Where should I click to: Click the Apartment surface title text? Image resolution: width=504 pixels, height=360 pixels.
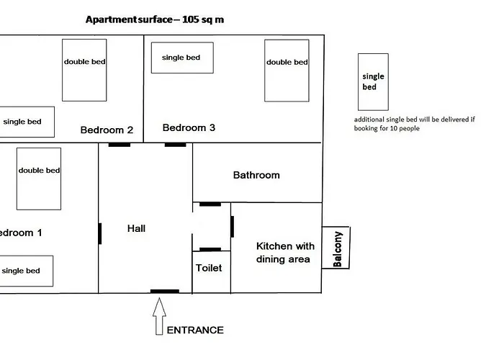click(x=154, y=19)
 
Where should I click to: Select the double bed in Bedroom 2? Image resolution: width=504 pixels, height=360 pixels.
click(x=84, y=69)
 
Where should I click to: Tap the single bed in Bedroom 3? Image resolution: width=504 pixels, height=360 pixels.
click(x=181, y=58)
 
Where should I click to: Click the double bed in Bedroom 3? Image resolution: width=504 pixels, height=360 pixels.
click(x=287, y=70)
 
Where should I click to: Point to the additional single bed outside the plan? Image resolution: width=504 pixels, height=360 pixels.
click(x=373, y=81)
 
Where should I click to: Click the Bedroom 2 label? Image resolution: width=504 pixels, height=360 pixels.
click(x=107, y=130)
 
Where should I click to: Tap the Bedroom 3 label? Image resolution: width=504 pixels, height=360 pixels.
click(x=189, y=128)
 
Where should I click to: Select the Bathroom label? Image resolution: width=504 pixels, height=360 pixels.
click(x=256, y=175)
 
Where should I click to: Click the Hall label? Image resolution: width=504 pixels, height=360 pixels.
click(x=136, y=228)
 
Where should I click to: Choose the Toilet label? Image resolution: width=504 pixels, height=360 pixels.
click(x=209, y=268)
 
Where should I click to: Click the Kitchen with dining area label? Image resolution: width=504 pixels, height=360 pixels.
click(x=285, y=253)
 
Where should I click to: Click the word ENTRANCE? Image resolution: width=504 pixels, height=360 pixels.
click(x=195, y=330)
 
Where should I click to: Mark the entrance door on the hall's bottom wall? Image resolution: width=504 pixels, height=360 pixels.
click(x=165, y=292)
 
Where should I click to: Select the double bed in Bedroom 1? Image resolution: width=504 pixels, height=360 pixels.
click(x=39, y=179)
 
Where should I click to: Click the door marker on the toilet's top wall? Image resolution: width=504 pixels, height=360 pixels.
click(x=210, y=249)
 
